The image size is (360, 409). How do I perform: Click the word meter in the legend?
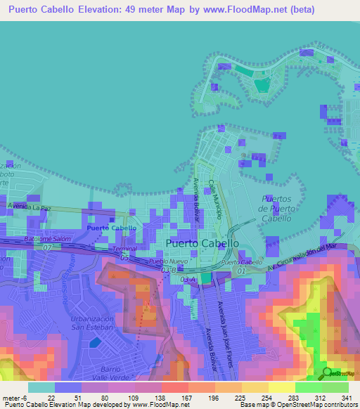click(12, 398)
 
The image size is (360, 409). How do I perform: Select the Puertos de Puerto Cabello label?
click(275, 209)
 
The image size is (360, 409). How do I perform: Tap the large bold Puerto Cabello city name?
click(202, 243)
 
